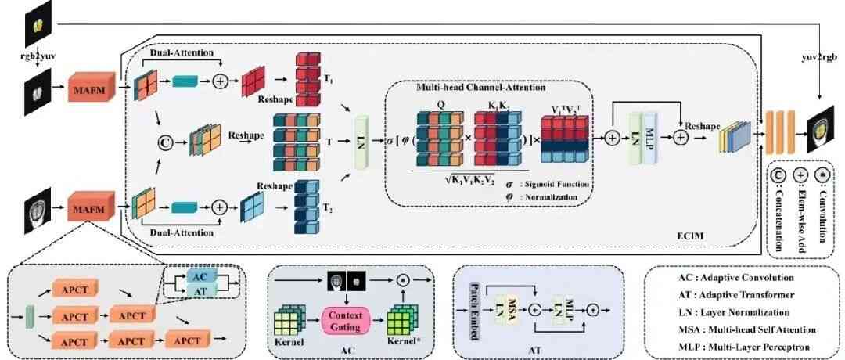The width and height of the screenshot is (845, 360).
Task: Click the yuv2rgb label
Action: coord(818,57)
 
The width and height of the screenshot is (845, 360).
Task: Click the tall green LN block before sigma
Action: coord(361,143)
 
